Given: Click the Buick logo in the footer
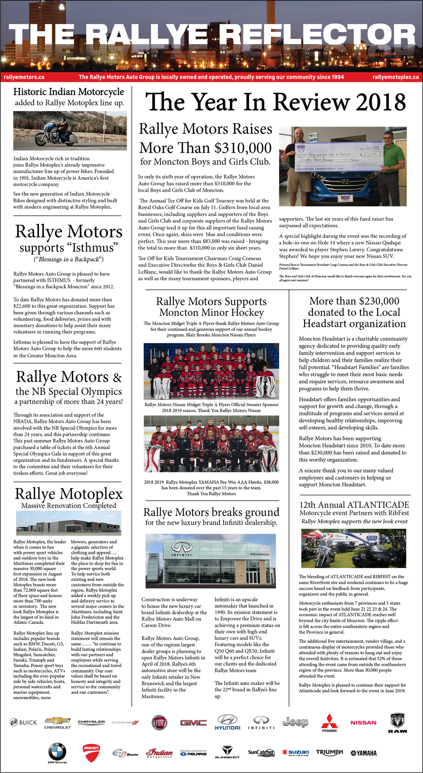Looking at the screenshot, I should click(23, 722).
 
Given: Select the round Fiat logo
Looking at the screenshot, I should click(159, 722).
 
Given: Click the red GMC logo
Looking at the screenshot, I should click(193, 722).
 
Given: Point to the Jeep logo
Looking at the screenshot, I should click(296, 722).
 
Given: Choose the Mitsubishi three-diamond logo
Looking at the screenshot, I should click(329, 721).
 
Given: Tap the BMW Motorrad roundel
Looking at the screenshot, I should click(57, 752).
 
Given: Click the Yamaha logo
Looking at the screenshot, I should click(364, 753).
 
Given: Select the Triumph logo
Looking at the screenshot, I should click(330, 752).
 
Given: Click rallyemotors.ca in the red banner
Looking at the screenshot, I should click(24, 77).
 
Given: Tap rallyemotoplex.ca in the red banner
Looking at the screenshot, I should click(396, 77).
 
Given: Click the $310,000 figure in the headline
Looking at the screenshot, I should click(243, 148).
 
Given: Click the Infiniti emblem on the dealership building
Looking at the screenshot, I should click(182, 546).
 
